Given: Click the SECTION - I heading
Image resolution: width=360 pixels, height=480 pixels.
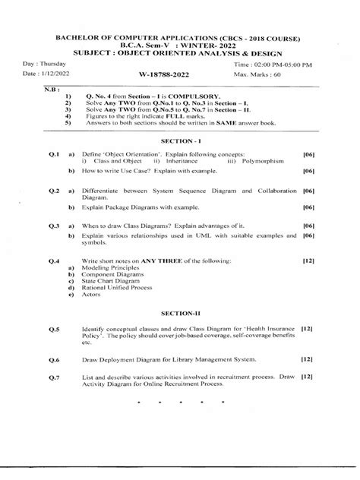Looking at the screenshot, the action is (x=180, y=142).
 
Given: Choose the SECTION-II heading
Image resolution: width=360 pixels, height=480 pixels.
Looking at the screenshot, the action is (x=180, y=312).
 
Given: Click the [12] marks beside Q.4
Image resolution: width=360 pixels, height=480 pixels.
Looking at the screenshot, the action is (x=308, y=260).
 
